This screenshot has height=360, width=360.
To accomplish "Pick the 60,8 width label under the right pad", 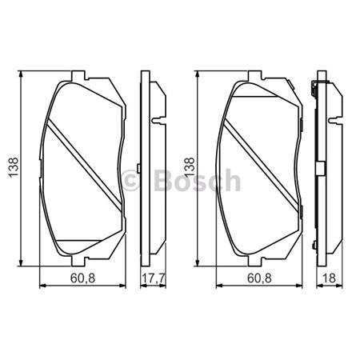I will click(254, 280).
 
